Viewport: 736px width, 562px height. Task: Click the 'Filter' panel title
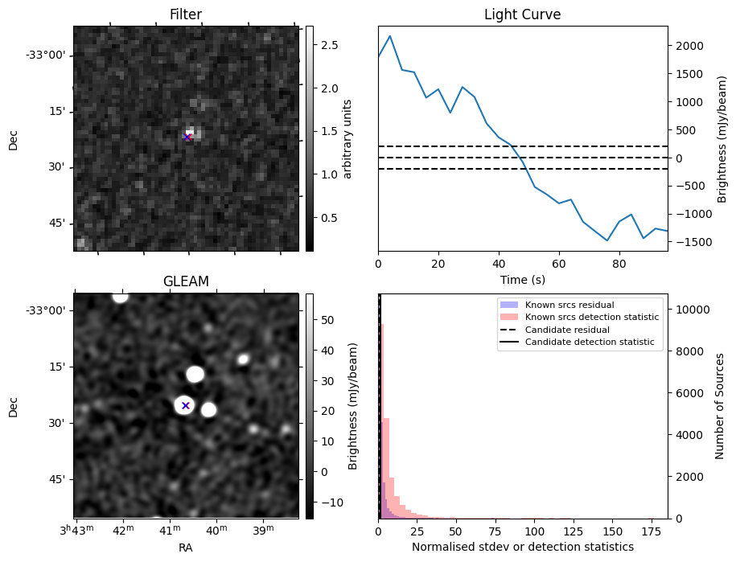point(185,14)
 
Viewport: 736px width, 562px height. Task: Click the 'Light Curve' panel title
point(522,14)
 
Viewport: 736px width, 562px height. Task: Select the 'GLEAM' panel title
point(185,281)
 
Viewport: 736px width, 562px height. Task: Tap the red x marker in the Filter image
point(187,137)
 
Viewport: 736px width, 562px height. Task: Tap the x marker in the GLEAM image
point(185,405)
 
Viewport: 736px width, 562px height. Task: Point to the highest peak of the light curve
point(390,36)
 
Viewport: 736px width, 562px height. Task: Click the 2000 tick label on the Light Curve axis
point(689,46)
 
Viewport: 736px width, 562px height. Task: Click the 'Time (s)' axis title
point(522,280)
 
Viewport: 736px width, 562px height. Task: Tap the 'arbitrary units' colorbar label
point(347,138)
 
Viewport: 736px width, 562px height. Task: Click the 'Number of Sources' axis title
point(720,405)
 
